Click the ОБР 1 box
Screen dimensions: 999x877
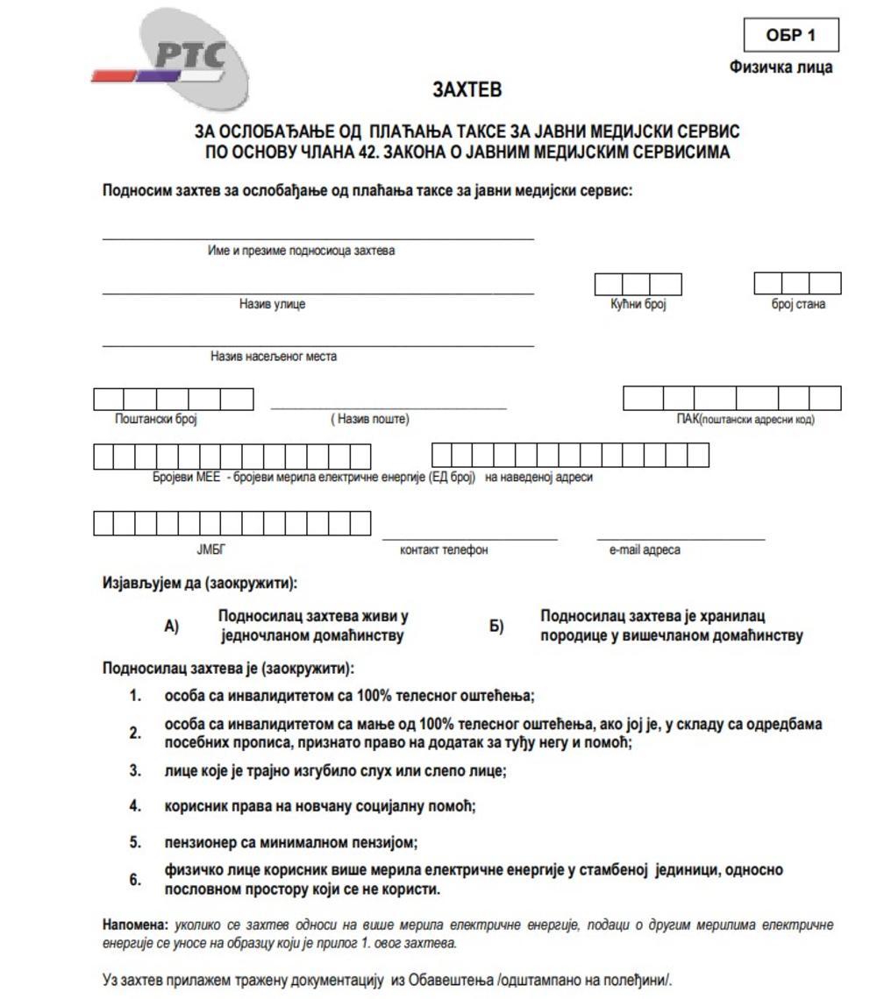(x=790, y=36)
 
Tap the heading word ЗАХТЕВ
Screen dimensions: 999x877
(x=467, y=90)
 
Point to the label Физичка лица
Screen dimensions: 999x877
(x=781, y=67)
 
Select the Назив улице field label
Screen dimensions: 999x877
(x=272, y=304)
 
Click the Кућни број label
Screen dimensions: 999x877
(x=638, y=304)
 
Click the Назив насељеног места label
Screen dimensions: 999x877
(x=273, y=357)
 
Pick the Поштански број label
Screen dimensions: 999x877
(x=156, y=419)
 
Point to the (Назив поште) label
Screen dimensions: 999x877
(x=369, y=419)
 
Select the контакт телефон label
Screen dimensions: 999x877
(x=444, y=549)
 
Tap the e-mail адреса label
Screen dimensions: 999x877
(x=645, y=549)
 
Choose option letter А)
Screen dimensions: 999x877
(x=171, y=626)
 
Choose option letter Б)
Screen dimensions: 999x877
(x=496, y=626)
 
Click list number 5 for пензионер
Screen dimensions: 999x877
(x=135, y=842)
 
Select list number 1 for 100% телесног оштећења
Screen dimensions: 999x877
(x=135, y=696)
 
